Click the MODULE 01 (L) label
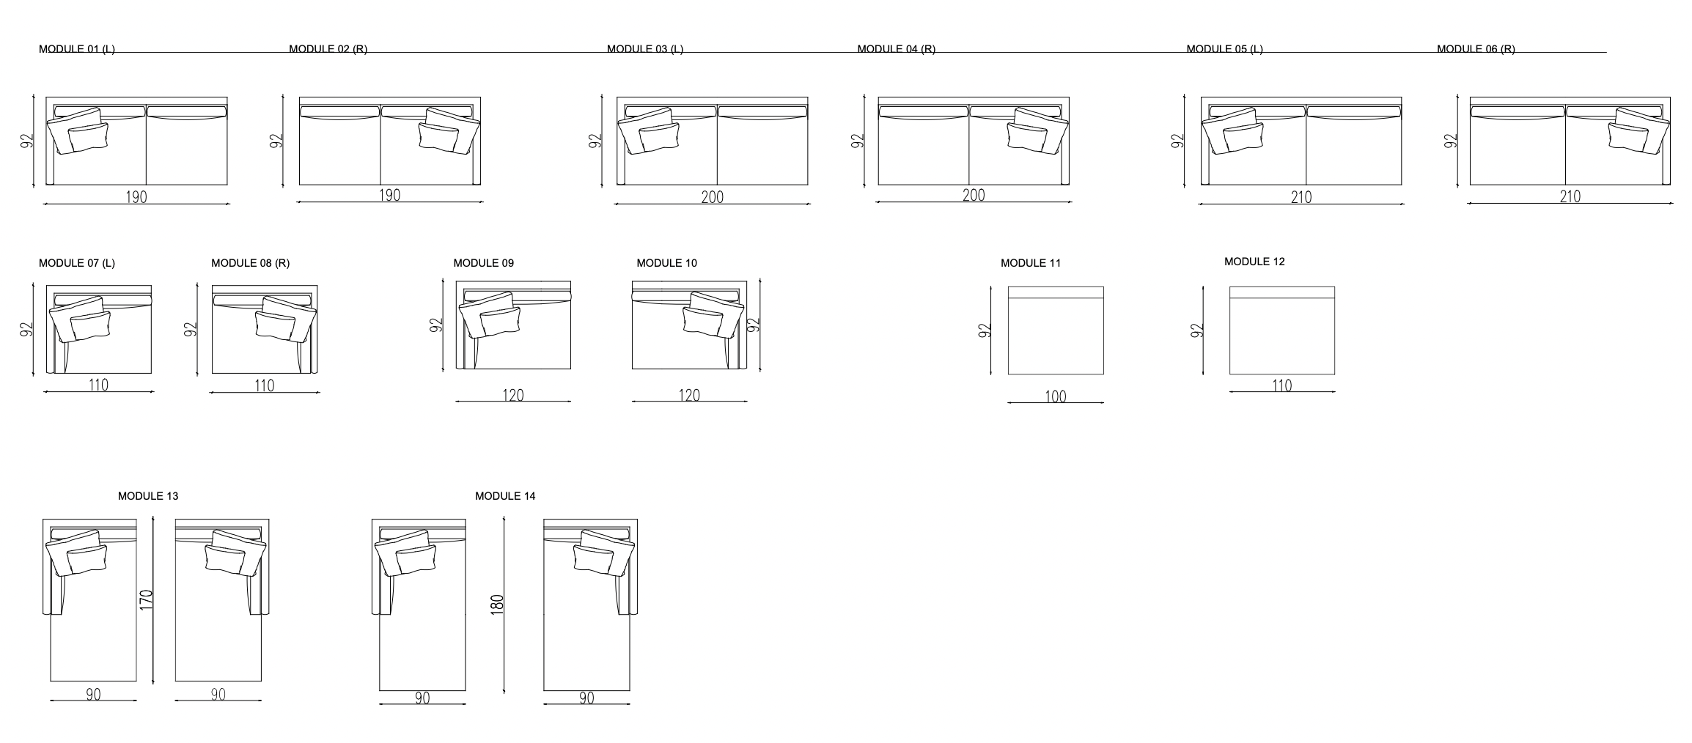coord(77,49)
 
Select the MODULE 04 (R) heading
coord(897,49)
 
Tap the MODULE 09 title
coord(484,263)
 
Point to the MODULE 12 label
coord(1254,262)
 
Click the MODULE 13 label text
coord(148,496)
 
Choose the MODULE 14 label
coord(505,496)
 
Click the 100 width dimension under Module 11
coord(1056,396)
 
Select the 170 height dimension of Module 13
coord(146,600)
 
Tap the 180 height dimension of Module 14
coord(497,605)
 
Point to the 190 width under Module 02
coord(389,195)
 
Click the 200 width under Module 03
coord(712,196)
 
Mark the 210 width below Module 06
coord(1570,196)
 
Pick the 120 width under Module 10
coord(689,396)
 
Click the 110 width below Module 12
coord(1282,385)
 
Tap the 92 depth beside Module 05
coord(1177,141)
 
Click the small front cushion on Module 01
coord(89,137)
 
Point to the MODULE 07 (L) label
coord(77,263)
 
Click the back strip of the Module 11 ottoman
coord(1056,292)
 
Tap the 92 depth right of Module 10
coord(752,325)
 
